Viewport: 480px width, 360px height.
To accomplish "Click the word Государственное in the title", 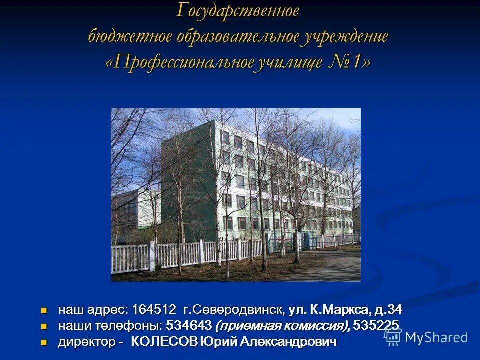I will pos(238,11).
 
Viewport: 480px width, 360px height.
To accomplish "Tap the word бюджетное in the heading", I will pos(130,37).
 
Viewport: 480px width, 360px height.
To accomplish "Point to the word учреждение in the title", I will pos(343,37).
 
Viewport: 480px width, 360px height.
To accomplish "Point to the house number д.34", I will pos(387,310).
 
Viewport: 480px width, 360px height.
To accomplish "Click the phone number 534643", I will pos(189,326).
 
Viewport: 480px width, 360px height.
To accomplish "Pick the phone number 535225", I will pos(376,326).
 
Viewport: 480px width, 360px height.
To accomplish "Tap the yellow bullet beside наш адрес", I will pos(44,310).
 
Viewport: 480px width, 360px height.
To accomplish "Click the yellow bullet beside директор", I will pos(44,342).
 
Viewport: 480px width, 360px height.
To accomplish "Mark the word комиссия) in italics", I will pos(318,326).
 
